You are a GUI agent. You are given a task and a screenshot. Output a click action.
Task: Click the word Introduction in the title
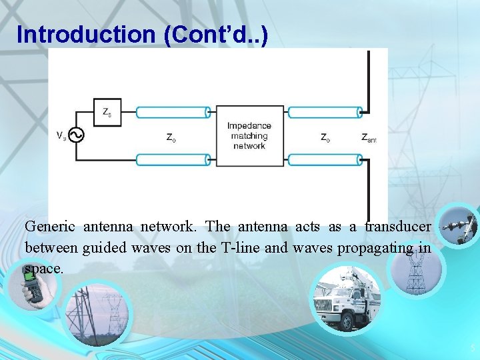coord(85,34)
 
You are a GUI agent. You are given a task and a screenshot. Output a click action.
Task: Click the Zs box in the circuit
coord(107,113)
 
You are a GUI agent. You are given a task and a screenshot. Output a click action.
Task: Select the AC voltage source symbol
coord(75,135)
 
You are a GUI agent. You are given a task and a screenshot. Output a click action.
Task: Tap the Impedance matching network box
coord(249,135)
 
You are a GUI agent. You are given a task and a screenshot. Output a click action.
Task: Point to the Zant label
coord(369,138)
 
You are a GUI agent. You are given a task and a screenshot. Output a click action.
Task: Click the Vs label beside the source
coord(61,135)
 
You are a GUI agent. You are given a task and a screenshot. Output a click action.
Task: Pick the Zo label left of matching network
coord(171,137)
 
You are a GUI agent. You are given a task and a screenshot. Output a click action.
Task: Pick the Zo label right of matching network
coord(325,137)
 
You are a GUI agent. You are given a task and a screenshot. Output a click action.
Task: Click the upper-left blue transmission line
coord(173,113)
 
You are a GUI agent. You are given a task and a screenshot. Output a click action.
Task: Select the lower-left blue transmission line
coord(173,160)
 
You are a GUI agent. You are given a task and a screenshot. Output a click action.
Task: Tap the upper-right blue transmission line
coord(325,113)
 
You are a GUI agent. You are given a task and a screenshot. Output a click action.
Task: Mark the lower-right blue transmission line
coord(325,160)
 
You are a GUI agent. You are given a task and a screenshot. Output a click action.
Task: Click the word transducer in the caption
coord(397,227)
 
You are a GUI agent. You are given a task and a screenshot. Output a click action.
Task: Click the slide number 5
coord(472,347)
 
